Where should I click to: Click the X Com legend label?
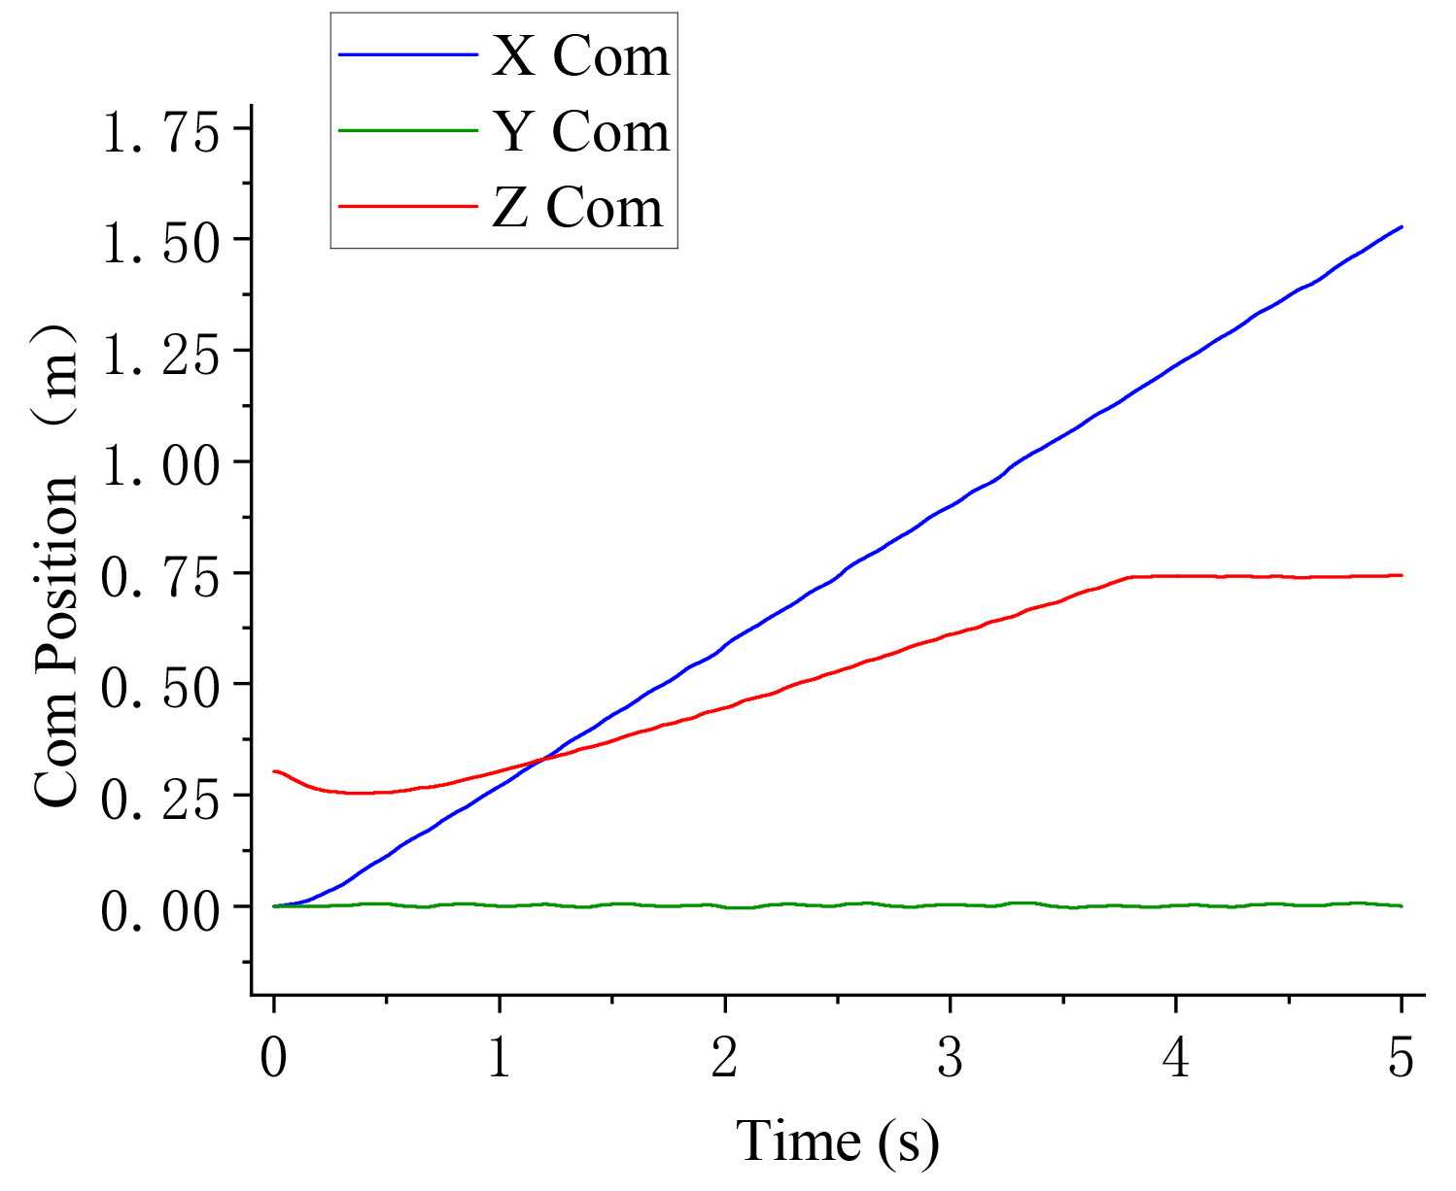[x=580, y=56]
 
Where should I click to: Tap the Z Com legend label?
[x=577, y=207]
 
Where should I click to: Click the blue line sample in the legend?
[x=408, y=55]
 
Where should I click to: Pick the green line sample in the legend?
[x=408, y=131]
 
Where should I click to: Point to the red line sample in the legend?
[x=408, y=206]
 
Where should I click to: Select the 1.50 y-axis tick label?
[x=162, y=241]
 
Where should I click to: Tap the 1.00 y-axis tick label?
[x=162, y=463]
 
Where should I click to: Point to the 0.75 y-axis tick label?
[x=162, y=574]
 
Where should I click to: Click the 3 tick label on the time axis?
[x=950, y=1058]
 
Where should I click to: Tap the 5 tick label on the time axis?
[x=1401, y=1058]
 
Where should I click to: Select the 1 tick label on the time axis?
[x=499, y=1058]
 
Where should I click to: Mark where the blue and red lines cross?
[x=540, y=759]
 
